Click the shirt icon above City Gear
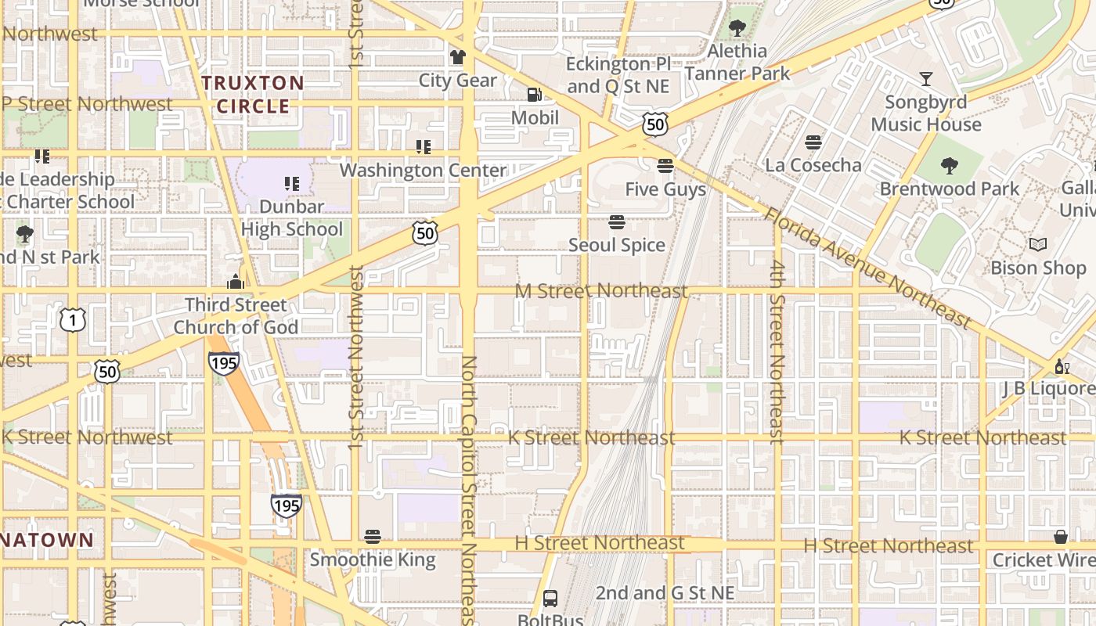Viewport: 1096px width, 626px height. (457, 56)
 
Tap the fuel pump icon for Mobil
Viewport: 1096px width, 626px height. (535, 95)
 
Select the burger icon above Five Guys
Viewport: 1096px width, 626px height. (665, 166)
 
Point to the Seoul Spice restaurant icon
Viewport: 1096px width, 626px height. (617, 222)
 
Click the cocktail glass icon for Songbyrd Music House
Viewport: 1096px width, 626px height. (926, 78)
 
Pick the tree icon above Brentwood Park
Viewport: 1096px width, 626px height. (950, 166)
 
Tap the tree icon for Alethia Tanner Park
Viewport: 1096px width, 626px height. (737, 29)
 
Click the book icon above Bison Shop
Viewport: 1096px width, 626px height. (1038, 245)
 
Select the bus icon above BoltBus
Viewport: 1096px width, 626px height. (550, 599)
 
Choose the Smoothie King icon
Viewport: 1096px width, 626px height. (373, 537)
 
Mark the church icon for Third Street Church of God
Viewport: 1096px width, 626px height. (236, 282)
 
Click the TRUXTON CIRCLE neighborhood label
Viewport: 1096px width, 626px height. (252, 94)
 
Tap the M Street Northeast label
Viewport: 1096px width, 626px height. (601, 291)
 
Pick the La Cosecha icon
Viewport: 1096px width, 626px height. (813, 142)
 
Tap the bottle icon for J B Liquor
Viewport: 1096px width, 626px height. (1062, 366)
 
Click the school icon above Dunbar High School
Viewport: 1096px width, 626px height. (292, 184)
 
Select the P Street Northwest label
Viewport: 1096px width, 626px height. (86, 104)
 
